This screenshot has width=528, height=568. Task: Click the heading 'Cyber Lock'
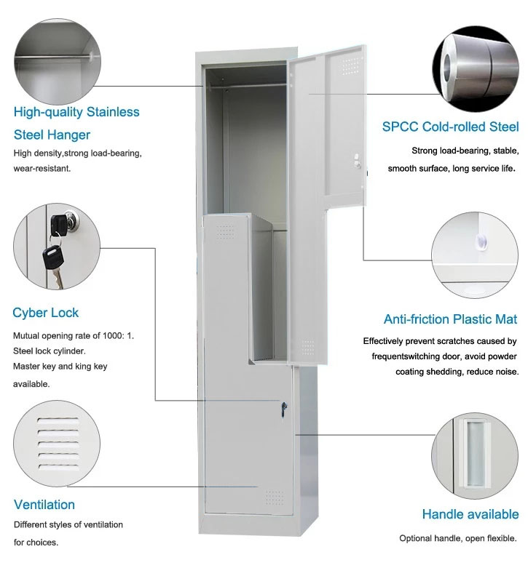tap(46, 313)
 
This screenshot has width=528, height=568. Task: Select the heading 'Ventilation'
tap(44, 504)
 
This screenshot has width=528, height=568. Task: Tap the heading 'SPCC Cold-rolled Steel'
tap(450, 127)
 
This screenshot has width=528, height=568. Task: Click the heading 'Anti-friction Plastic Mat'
tap(450, 319)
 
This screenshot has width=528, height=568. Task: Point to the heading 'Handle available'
tap(470, 514)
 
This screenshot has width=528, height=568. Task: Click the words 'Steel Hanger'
tap(52, 135)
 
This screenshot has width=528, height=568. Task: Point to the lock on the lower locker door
tap(283, 409)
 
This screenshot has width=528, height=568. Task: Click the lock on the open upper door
tap(356, 162)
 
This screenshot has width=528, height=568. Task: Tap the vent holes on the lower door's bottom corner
tap(274, 497)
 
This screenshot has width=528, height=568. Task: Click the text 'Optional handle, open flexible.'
tap(457, 539)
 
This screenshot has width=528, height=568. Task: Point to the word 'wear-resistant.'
tap(42, 168)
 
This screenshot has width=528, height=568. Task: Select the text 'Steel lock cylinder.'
tap(52, 351)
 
